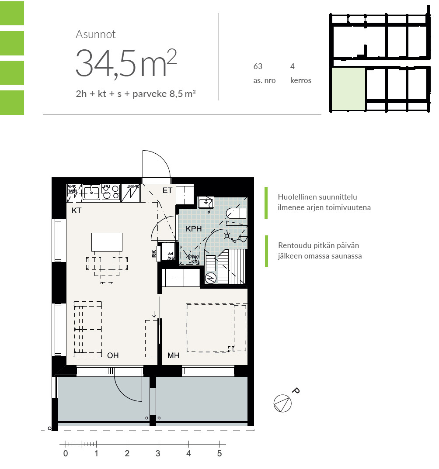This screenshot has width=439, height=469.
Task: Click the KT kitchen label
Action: [x=77, y=210]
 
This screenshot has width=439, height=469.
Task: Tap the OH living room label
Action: [x=113, y=355]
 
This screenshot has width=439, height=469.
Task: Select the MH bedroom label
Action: [x=174, y=356]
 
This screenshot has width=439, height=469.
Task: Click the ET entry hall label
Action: [x=167, y=190]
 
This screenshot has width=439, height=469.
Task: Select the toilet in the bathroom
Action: [x=237, y=213]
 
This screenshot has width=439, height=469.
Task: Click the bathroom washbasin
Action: [x=206, y=202]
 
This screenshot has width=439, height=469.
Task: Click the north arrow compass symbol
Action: [x=282, y=403]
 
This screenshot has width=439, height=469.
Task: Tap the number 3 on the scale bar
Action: [x=158, y=454]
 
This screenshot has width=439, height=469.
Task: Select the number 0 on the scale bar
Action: [x=66, y=454]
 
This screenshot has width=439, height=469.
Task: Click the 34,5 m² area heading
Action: [x=126, y=63]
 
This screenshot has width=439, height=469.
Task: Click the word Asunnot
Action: [x=95, y=34]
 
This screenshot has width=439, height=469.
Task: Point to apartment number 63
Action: [x=258, y=67]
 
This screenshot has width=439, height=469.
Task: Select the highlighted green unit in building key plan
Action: [x=348, y=89]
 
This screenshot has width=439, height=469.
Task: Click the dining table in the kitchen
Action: [x=107, y=242]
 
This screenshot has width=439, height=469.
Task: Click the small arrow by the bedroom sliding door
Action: [x=154, y=314]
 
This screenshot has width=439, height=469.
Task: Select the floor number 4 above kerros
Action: [x=292, y=67]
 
